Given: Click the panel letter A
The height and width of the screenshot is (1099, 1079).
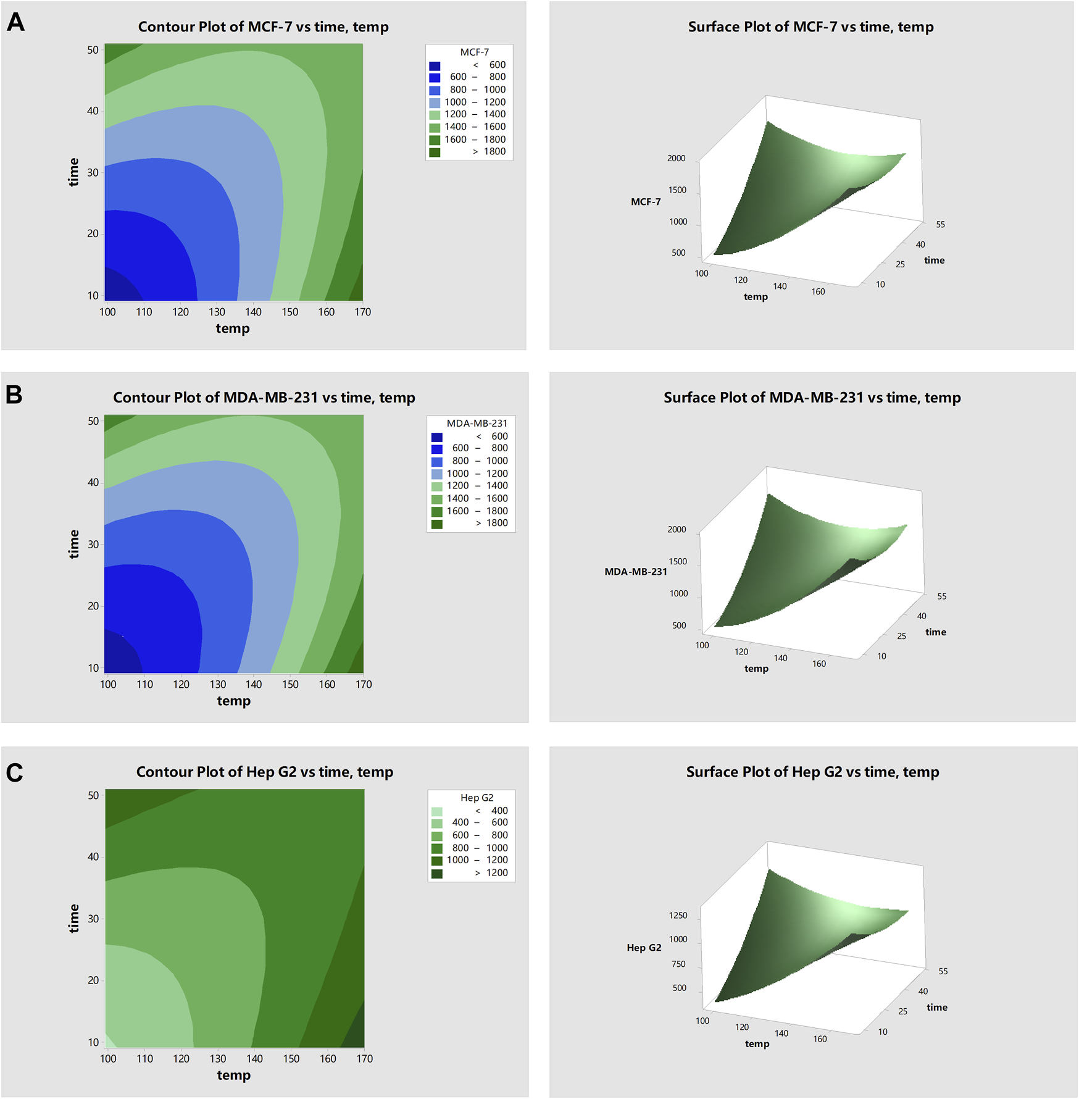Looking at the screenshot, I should (x=15, y=22).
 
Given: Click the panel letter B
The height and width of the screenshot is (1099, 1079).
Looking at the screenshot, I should (x=14, y=395).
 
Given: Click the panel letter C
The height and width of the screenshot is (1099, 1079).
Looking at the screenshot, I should (x=14, y=772).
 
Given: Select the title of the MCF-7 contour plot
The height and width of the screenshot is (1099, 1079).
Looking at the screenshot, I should (x=263, y=27).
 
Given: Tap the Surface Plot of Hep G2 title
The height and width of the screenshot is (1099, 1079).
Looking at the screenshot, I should (x=812, y=772).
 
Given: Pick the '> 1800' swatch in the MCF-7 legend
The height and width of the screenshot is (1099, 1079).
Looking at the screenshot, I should (x=435, y=152).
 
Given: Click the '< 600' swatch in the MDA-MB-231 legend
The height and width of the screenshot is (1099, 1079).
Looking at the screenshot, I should (x=437, y=437).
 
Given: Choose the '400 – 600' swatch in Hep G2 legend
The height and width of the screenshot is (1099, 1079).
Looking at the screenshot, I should (x=437, y=823).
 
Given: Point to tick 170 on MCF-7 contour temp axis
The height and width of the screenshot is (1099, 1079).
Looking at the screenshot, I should (x=362, y=312).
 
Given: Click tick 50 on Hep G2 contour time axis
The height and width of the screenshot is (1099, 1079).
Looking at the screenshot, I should (x=93, y=795).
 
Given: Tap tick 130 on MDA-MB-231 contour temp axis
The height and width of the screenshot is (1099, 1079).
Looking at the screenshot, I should (x=218, y=684).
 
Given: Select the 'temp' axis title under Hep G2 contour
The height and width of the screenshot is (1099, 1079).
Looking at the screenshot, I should (x=233, y=1076).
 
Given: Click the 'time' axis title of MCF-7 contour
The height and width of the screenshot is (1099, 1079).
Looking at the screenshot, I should (x=73, y=172).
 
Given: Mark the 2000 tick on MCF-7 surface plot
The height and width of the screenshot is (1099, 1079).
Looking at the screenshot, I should (x=676, y=159).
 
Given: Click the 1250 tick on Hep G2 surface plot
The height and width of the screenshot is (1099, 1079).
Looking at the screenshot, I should (x=678, y=916).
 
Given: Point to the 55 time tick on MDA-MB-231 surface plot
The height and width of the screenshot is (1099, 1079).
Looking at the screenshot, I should (x=941, y=596).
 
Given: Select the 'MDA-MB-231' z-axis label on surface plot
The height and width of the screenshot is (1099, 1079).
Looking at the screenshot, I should (x=635, y=572).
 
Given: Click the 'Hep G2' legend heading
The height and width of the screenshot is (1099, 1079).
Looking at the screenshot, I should (x=477, y=798).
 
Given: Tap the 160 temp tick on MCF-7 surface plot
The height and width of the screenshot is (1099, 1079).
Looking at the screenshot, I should (x=818, y=292).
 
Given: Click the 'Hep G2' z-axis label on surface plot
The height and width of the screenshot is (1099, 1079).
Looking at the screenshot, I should (x=644, y=948).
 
